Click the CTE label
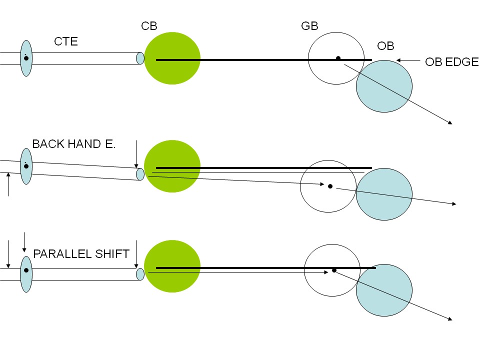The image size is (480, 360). pos(66,41)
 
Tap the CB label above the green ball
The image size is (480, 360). pos(149,26)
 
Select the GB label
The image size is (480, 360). pos(309,26)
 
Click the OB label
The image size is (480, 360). pos(385,46)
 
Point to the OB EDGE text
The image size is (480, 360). pos(451,62)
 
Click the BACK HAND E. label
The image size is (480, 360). pos(74,144)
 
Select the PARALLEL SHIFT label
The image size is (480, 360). pos(81,253)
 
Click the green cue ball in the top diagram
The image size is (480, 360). pos(172,58)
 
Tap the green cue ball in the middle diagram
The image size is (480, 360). pos(172,166)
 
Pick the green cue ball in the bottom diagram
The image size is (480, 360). pos(172,266)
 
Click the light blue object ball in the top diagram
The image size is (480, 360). pos(384,86)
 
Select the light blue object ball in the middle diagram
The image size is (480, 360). pos(384,194)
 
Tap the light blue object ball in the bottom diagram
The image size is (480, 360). pos(384,290)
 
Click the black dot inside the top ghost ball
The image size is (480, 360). pos(338,58)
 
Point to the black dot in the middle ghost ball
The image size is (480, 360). pos(330,186)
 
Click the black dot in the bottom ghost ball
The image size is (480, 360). pos(334,270)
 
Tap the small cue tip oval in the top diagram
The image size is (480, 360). pos(140,58)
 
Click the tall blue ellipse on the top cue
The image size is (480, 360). pos(26,58)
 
